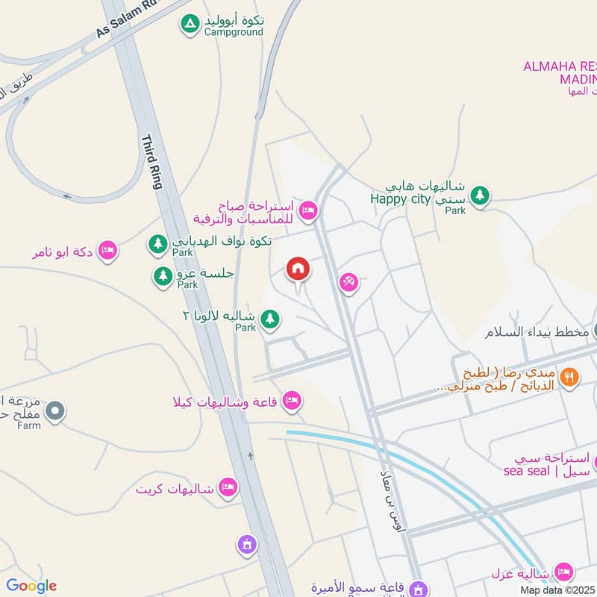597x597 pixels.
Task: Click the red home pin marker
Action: point(298,269)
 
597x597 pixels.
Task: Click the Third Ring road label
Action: point(151,162)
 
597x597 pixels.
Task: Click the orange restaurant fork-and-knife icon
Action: point(569,377)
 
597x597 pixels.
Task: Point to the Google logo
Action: point(31,586)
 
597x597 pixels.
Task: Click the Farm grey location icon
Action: point(54,410)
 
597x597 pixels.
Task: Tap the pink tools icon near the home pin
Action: point(348,282)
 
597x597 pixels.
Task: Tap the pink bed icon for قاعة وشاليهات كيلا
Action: point(293,401)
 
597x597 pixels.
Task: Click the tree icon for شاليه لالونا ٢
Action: point(270,320)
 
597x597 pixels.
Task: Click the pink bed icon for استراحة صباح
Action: point(307,212)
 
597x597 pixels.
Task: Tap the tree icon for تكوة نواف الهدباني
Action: point(157,243)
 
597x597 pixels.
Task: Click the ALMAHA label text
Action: point(559,67)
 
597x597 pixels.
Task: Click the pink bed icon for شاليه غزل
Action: point(564,572)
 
